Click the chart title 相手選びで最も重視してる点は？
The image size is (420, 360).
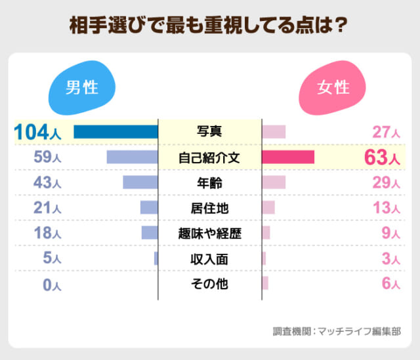pos(209,26)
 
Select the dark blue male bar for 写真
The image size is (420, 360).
pos(115,132)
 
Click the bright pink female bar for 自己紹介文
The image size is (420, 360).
pos(288,157)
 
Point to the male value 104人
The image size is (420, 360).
pos(38,132)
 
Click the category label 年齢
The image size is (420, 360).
pos(209,182)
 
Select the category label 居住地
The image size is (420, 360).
pos(209,208)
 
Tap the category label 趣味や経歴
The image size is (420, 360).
pos(209,233)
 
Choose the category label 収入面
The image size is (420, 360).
pos(209,259)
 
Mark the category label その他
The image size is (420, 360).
pos(209,284)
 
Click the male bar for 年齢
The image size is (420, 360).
pos(140,182)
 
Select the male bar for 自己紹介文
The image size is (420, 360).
pos(133,157)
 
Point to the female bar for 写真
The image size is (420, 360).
pos(274,132)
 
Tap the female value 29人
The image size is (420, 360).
pos(386,183)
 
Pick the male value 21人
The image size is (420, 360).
pos(47,209)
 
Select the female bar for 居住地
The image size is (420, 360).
pos(268,208)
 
